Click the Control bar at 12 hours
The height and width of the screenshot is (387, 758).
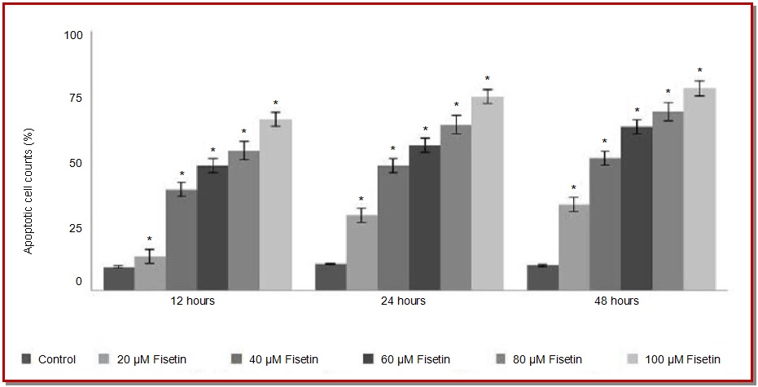[x=119, y=278]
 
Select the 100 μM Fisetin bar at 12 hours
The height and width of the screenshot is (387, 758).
[x=274, y=204]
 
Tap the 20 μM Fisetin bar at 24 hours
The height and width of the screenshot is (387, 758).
[x=361, y=252]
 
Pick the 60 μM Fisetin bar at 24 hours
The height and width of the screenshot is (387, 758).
[x=424, y=217]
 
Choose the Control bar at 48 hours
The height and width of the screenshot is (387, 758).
[x=542, y=277]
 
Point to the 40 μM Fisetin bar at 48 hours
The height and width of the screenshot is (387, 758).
[x=605, y=223]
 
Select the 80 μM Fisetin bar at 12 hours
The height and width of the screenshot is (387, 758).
[x=243, y=219]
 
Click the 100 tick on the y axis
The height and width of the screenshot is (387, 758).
[x=74, y=36]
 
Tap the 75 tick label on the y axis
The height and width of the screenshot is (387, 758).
[x=74, y=98]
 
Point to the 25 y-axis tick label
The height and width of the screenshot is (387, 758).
[x=74, y=228]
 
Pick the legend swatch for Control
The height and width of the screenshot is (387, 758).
[x=28, y=359]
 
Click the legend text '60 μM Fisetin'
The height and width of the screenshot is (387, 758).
[x=416, y=359]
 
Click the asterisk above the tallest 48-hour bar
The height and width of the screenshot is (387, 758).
[x=699, y=71]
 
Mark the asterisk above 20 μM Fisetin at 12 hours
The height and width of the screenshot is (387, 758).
[x=150, y=240]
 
